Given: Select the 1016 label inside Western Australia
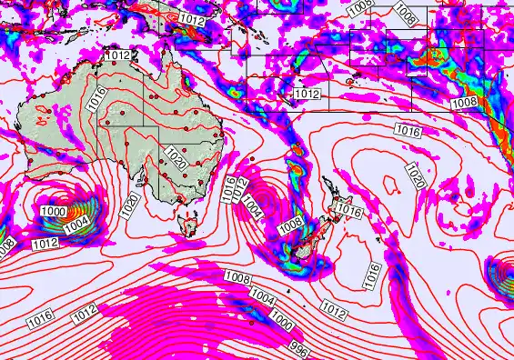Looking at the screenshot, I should click(x=97, y=100).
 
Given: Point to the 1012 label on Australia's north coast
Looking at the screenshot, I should click(x=118, y=55).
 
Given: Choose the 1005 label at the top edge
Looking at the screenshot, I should click(x=359, y=6).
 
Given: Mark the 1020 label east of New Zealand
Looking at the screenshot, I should click(x=415, y=173).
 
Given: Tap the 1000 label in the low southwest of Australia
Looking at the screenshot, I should click(x=52, y=211).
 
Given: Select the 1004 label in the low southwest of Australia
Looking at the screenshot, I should click(x=76, y=222).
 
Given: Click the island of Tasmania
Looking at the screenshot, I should click(x=191, y=222).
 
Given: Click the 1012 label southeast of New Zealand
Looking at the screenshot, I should click(x=334, y=312).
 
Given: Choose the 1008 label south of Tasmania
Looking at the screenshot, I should click(x=237, y=277).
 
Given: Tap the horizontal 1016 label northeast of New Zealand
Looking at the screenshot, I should click(x=408, y=132).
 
